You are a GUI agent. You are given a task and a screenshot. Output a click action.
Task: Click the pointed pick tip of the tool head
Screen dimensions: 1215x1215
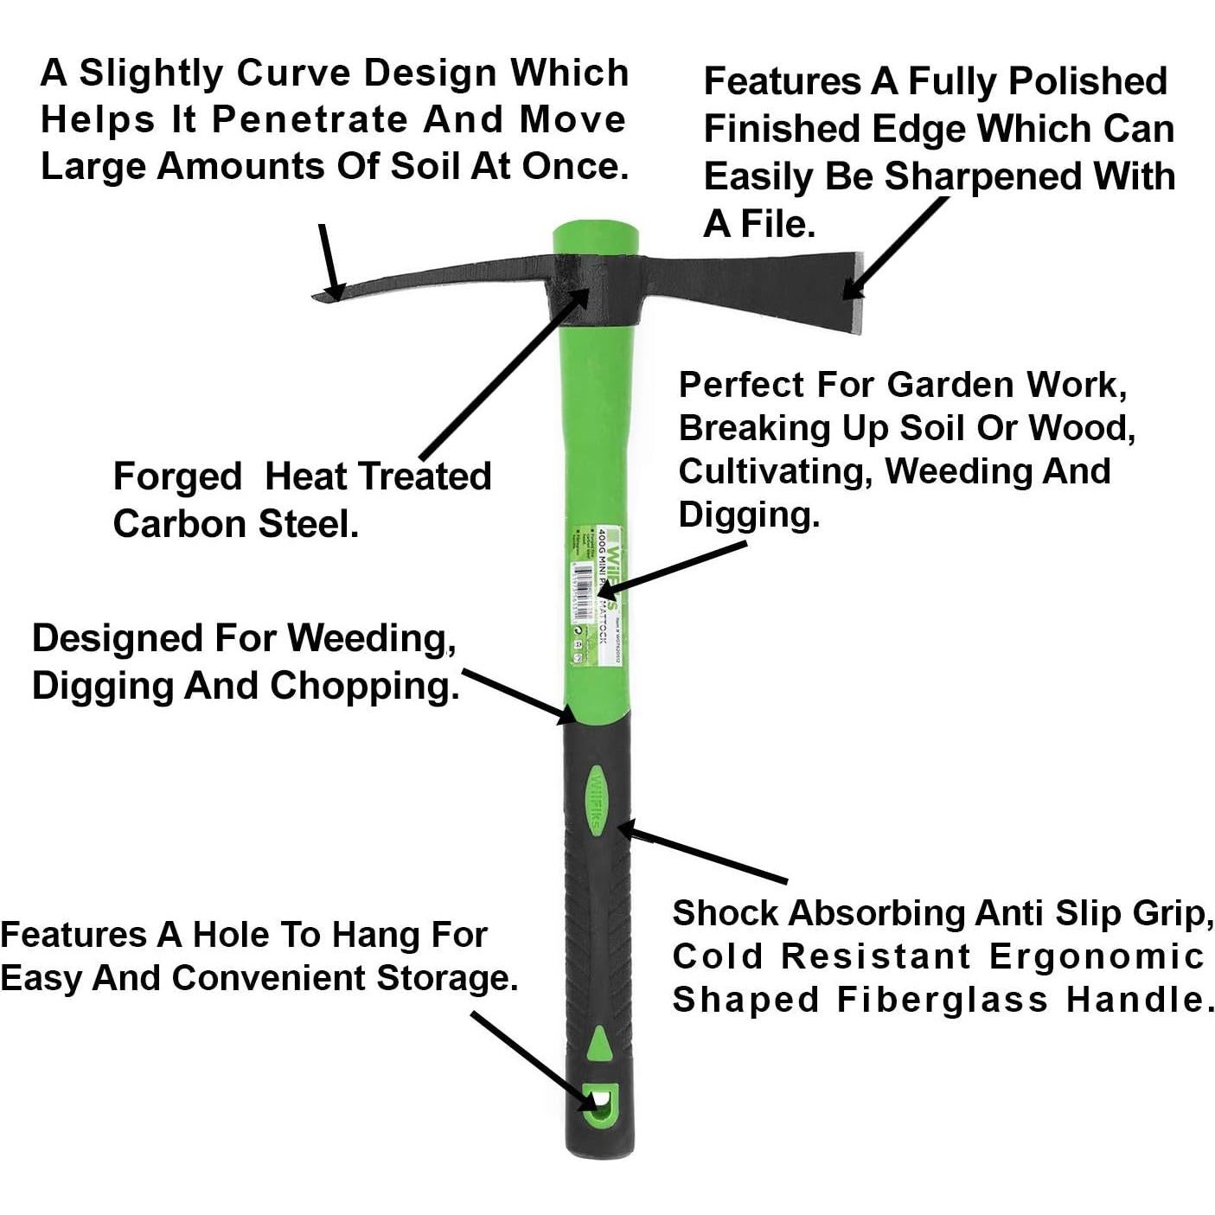click(x=322, y=297)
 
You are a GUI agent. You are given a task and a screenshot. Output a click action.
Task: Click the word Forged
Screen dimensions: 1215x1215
click(x=177, y=476)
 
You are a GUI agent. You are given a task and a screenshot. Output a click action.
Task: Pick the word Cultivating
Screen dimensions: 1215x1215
click(x=774, y=471)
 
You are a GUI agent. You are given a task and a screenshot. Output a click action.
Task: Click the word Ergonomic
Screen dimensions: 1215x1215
click(x=1096, y=957)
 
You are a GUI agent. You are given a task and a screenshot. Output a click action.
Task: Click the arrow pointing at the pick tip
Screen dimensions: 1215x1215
click(x=329, y=259)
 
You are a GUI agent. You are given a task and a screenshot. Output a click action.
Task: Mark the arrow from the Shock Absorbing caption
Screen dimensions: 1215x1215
click(x=700, y=854)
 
